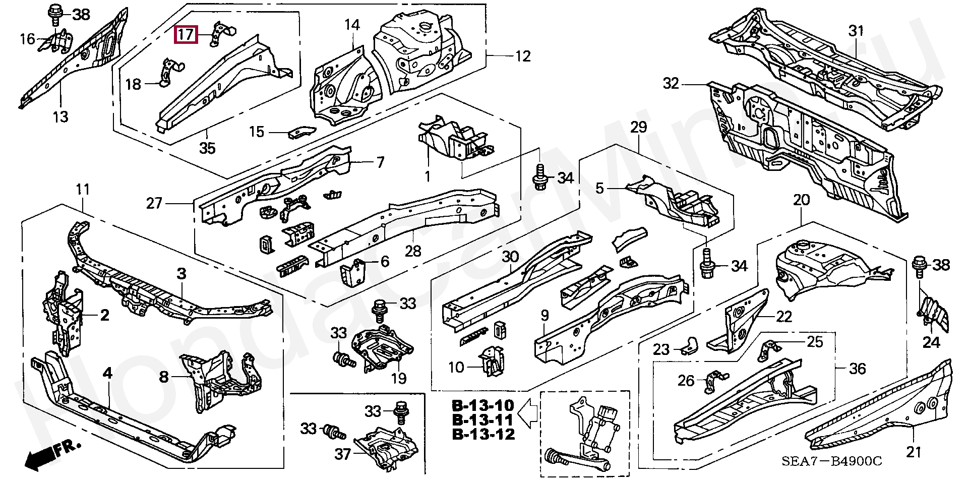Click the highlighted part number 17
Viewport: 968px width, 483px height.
click(185, 35)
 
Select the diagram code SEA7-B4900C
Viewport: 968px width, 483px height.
click(832, 461)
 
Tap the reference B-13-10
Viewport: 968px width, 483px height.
click(483, 405)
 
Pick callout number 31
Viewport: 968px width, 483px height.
click(856, 31)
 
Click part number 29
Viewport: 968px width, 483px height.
click(638, 128)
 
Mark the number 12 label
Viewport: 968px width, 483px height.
click(523, 56)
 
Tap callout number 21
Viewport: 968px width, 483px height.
click(914, 453)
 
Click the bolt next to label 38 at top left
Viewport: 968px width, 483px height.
click(54, 14)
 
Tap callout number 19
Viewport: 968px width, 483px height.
click(399, 378)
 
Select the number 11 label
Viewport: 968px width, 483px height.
click(83, 190)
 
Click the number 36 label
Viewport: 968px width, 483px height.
click(858, 369)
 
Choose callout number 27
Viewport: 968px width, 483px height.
click(155, 203)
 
